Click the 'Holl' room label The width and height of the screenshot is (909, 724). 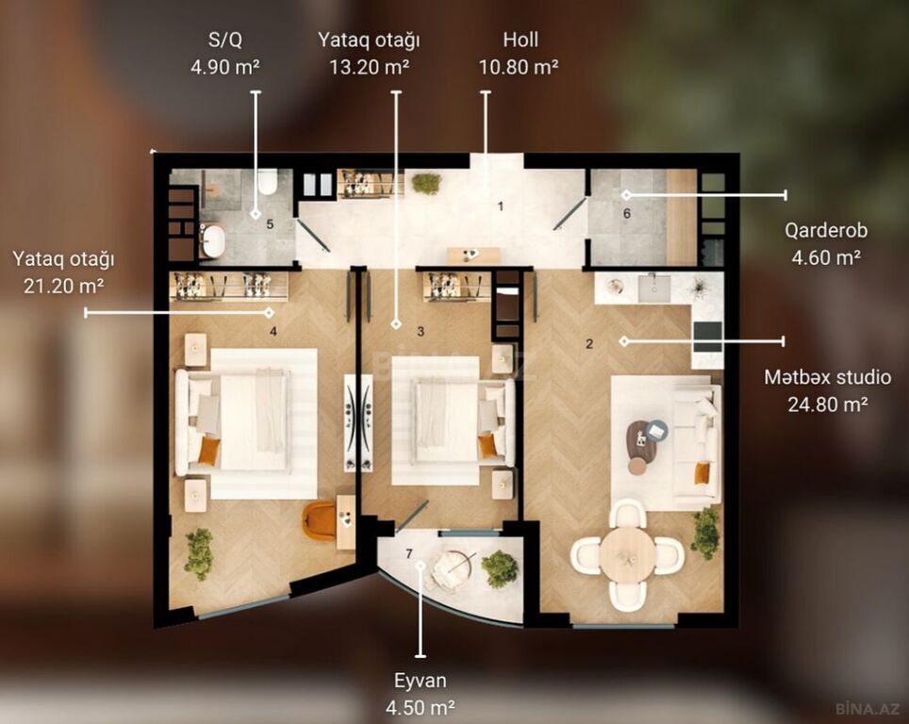520,40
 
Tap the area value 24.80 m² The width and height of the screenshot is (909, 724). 827,404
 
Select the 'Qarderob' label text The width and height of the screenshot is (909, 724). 826,230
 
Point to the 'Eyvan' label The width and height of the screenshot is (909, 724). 421,681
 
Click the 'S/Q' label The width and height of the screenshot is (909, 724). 225,40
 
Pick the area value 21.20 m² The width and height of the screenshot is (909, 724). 64,286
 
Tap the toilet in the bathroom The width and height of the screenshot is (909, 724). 267,182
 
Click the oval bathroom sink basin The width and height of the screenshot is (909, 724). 213,241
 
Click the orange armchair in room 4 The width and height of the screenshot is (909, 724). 320,520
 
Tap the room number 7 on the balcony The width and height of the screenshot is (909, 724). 408,553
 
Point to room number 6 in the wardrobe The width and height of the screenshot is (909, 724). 627,214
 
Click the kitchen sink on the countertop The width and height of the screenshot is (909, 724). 653,288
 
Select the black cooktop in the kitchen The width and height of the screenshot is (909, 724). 708,337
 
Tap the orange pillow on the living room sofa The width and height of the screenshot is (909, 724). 702,472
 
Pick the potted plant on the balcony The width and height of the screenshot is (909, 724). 500,568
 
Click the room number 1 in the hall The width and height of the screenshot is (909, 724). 501,206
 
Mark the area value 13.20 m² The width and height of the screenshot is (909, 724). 370,67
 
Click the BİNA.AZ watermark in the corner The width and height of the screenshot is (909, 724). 868,708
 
